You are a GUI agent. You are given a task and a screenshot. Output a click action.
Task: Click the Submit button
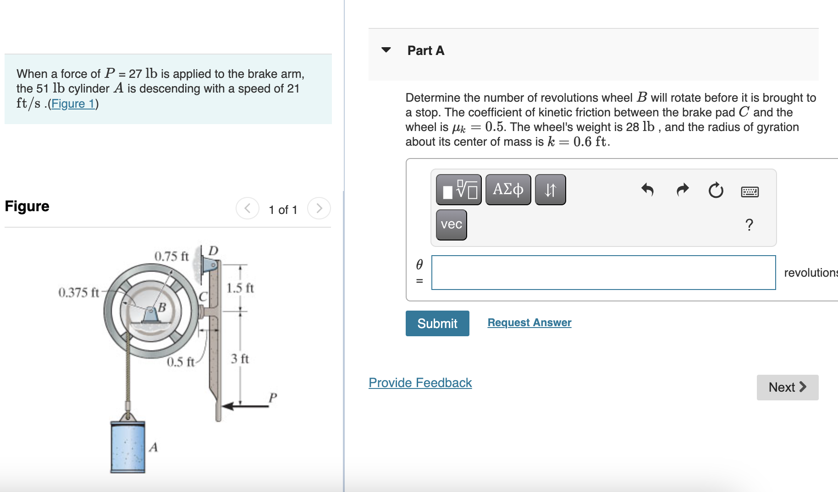(x=437, y=323)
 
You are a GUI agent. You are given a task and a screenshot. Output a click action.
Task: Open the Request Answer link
(x=529, y=323)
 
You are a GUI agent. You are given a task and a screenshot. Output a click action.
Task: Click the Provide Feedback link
(x=420, y=383)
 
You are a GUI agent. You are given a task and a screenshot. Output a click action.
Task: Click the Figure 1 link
(x=73, y=104)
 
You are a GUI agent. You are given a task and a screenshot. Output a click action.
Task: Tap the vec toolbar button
(x=451, y=224)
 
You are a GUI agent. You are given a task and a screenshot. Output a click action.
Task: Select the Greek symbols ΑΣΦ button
(x=507, y=189)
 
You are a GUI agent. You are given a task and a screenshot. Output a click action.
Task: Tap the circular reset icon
(x=716, y=190)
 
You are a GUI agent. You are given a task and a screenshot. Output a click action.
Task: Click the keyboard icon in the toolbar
(x=750, y=191)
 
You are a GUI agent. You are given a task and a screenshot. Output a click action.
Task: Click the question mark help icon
(x=749, y=224)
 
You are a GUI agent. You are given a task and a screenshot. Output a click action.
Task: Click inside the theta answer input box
(x=603, y=273)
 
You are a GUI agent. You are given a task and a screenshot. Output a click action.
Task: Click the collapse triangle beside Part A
(x=386, y=50)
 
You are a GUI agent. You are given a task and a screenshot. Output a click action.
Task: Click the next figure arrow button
(x=319, y=208)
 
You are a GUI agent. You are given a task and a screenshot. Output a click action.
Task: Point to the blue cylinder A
(x=128, y=447)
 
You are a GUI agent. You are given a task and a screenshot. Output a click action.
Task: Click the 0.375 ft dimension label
(x=78, y=292)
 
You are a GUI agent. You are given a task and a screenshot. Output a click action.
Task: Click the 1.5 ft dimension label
(x=240, y=288)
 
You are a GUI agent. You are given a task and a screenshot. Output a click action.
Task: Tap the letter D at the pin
(x=213, y=251)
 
